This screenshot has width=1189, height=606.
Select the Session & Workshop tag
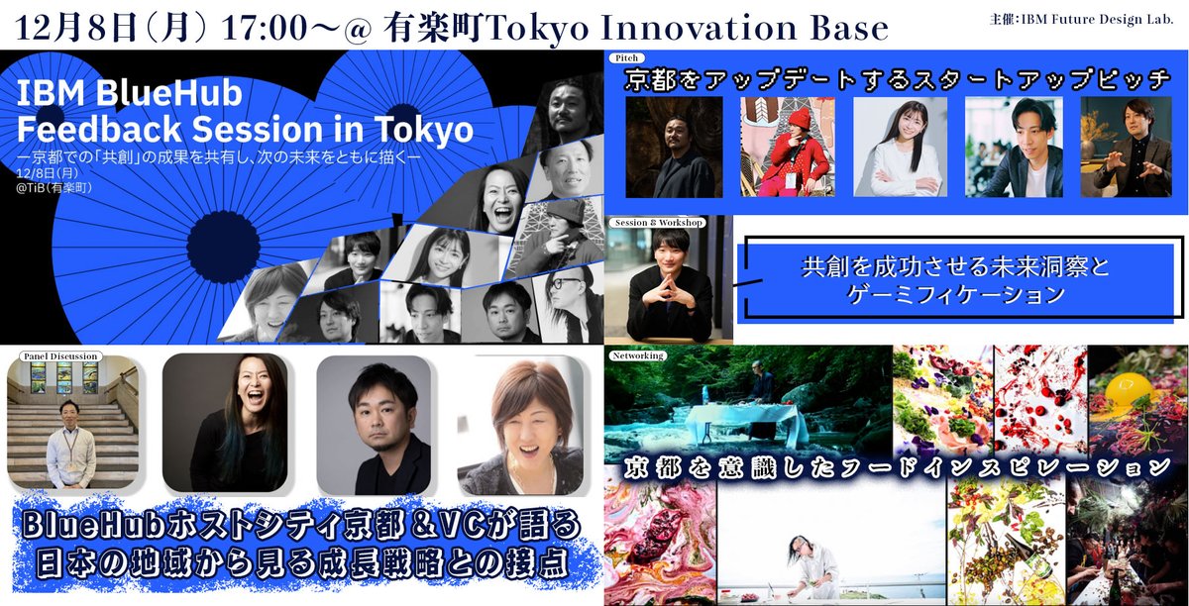point(658,223)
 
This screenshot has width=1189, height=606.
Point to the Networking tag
point(639,353)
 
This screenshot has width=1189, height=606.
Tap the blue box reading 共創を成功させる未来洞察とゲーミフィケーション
point(960,280)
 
